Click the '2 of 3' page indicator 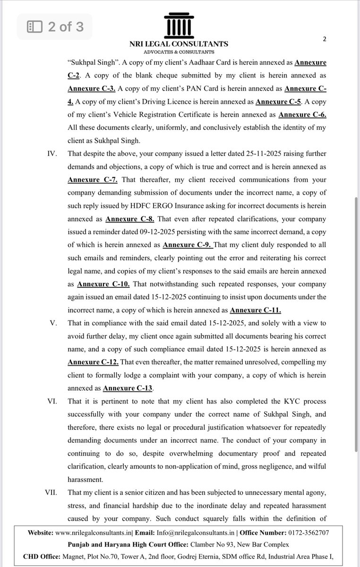pyautogui.click(x=55, y=27)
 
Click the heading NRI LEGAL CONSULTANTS pyautogui.click(x=179, y=44)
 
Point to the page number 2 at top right pyautogui.click(x=325, y=39)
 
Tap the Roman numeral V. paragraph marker pyautogui.click(x=53, y=323)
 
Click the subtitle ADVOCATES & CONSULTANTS pyautogui.click(x=179, y=52)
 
